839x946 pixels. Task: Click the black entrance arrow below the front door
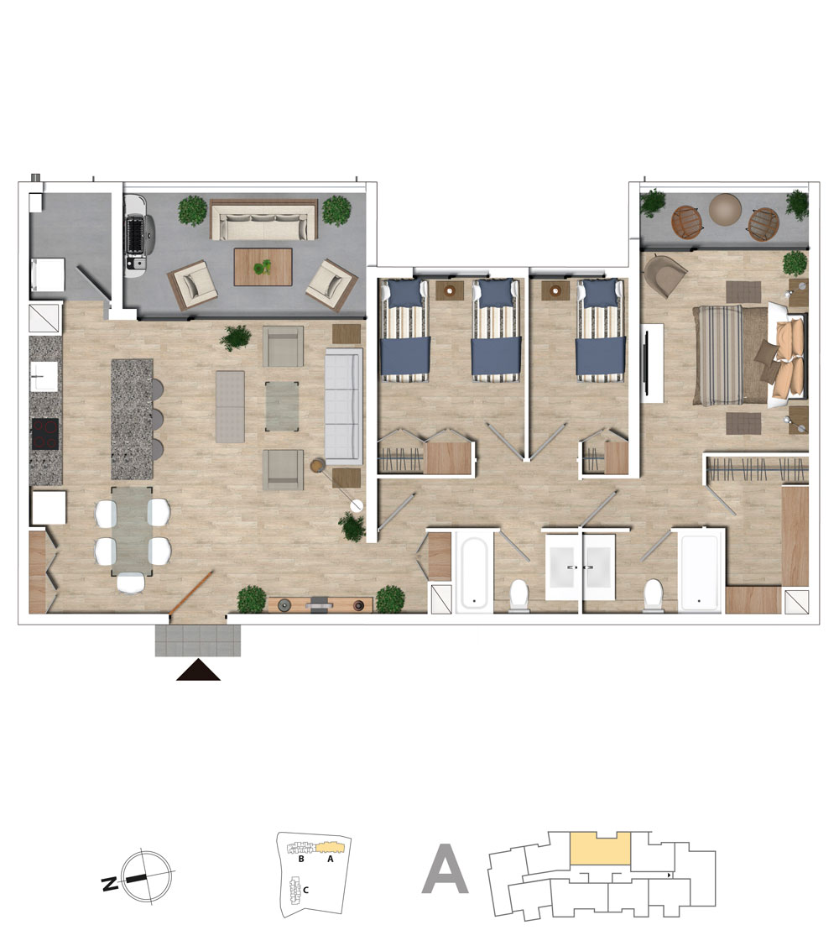tap(199, 671)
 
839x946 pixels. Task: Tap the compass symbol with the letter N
tap(141, 876)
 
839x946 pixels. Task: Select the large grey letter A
tap(446, 870)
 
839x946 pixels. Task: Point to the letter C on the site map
tap(305, 890)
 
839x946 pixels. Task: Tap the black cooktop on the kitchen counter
tap(45, 435)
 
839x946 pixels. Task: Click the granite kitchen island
tap(132, 420)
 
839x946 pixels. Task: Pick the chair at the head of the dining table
tap(131, 583)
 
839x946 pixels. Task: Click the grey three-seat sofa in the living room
tap(344, 406)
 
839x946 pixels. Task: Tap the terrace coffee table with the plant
tap(263, 267)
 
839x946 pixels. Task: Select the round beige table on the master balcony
tap(725, 209)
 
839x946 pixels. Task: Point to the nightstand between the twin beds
tap(450, 290)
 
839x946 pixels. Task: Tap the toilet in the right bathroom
tap(654, 595)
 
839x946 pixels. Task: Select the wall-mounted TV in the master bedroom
tap(647, 362)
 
